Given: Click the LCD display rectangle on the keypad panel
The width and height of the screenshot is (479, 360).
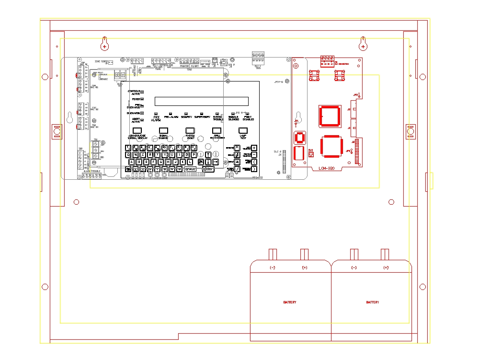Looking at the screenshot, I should tap(201, 101).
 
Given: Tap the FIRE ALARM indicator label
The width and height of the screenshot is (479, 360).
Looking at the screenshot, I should tap(156, 118).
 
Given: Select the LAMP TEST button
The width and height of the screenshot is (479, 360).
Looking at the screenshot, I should tap(243, 130).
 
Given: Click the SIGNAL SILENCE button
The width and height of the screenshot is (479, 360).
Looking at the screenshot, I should tap(163, 130).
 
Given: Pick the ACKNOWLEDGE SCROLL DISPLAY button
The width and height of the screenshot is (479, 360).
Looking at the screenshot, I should tap(137, 130).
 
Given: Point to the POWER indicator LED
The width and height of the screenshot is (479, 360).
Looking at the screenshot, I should tap(142, 99).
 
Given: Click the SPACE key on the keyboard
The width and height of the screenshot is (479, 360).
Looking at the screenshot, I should tap(190, 169).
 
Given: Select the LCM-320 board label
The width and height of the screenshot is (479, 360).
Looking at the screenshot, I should tap(326, 168).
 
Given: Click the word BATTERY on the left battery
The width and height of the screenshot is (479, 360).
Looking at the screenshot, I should tap(290, 302).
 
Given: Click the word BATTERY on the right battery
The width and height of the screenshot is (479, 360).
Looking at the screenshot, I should tap(373, 302).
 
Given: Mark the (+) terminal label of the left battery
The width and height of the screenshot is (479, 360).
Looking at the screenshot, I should tap(305, 267).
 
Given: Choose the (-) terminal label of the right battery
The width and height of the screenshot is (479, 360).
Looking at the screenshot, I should tap(354, 267).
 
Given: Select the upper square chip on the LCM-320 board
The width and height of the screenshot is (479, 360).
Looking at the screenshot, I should tap(329, 116).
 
